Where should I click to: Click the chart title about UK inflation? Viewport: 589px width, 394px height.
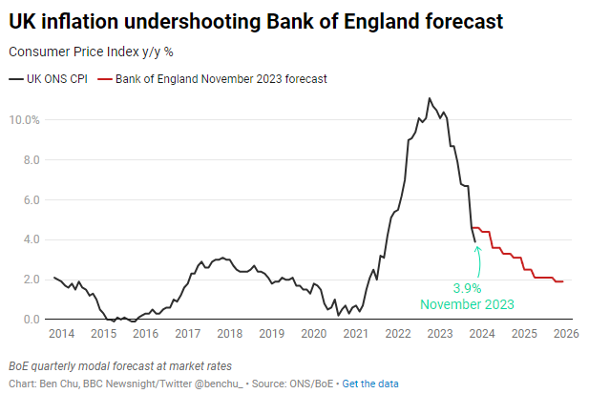pos(255,20)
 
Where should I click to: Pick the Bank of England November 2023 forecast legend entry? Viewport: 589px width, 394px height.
pos(221,79)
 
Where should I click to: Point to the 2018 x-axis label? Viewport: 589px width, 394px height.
pos(228,334)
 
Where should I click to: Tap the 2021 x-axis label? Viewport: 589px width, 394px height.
pos(355,334)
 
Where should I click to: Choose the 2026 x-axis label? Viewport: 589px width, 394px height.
pos(566,334)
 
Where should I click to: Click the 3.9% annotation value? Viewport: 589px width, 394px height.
pos(467,287)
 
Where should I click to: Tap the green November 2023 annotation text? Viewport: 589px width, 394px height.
pos(467,304)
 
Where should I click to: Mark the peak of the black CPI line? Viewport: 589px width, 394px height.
pos(430,98)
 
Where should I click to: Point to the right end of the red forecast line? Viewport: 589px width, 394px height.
pos(563,281)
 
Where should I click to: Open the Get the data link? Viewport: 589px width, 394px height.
pos(370,384)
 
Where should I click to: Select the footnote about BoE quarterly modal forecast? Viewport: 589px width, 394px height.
pos(119,366)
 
